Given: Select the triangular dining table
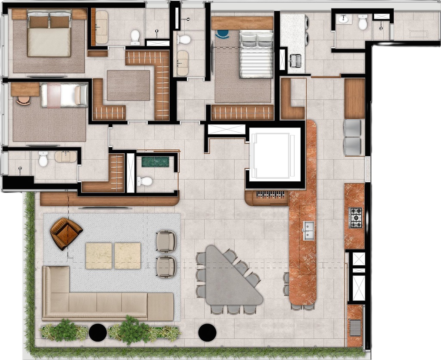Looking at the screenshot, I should (x=228, y=278).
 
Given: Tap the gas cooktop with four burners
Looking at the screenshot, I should (x=355, y=218).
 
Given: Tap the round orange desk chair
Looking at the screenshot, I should (x=24, y=99).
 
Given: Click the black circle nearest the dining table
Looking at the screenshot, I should (x=207, y=332).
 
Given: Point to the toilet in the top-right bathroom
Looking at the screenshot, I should (x=363, y=22).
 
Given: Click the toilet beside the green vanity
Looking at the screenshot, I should (x=145, y=181).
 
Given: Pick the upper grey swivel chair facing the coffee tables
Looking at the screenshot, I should (x=166, y=241).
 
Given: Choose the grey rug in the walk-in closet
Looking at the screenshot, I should (x=128, y=85).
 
